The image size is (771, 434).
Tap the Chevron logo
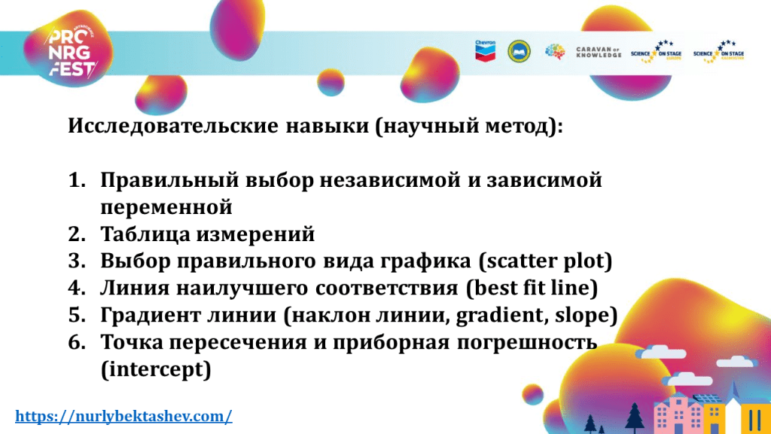pyautogui.click(x=486, y=50)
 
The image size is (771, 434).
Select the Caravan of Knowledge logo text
pyautogui.click(x=599, y=52)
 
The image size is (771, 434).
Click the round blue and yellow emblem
pyautogui.click(x=519, y=51)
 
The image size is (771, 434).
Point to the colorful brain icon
pyautogui.click(x=555, y=51)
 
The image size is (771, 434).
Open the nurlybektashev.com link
pyautogui.click(x=123, y=416)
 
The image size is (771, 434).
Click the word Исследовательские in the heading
pyautogui.click(x=173, y=126)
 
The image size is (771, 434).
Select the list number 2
pyautogui.click(x=77, y=234)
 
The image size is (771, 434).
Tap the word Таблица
pyautogui.click(x=145, y=235)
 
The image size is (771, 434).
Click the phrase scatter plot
pyautogui.click(x=545, y=261)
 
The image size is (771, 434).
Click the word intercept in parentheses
pyautogui.click(x=157, y=369)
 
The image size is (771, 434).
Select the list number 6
pyautogui.click(x=77, y=343)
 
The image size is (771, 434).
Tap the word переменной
pyautogui.click(x=166, y=207)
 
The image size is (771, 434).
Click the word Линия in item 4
pyautogui.click(x=134, y=288)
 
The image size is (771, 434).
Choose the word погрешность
pyautogui.click(x=526, y=343)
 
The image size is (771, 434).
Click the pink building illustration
pyautogui.click(x=678, y=414)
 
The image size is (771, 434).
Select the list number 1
pyautogui.click(x=77, y=180)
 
